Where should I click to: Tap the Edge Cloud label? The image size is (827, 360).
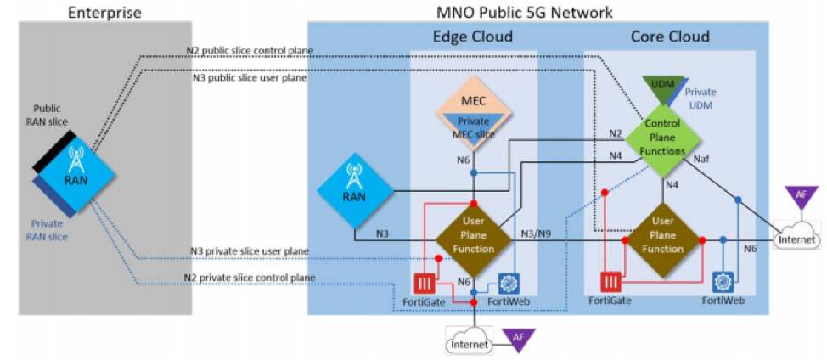pyautogui.click(x=473, y=37)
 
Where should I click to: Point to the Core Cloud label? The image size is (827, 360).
pyautogui.click(x=670, y=37)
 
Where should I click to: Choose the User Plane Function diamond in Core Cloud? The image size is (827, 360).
pyautogui.click(x=663, y=237)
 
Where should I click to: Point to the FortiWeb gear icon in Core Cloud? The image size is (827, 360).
pyautogui.click(x=723, y=281)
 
